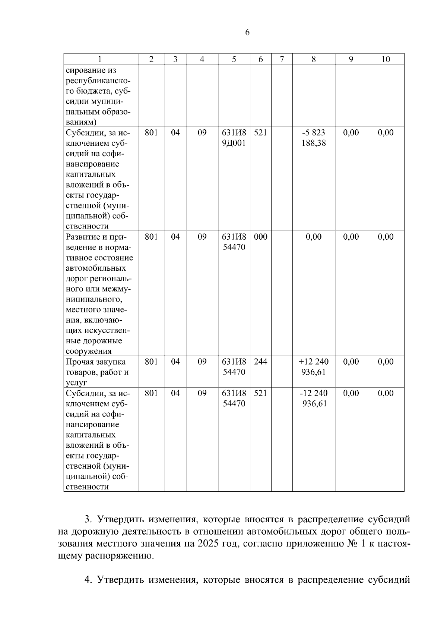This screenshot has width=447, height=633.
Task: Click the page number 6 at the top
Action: pos(247,32)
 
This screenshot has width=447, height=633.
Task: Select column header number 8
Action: pos(314,59)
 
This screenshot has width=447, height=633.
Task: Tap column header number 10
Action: pos(386,59)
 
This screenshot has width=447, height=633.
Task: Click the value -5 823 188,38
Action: pos(314,138)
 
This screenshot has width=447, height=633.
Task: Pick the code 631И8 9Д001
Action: pos(234,138)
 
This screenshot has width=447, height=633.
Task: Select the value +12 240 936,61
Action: pos(314,367)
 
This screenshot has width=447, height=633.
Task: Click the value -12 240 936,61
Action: pos(314,399)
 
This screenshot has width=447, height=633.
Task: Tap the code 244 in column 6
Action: pos(260,362)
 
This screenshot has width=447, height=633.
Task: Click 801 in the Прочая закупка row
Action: pos(151,362)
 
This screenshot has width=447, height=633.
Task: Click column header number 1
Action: pos(100,59)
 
